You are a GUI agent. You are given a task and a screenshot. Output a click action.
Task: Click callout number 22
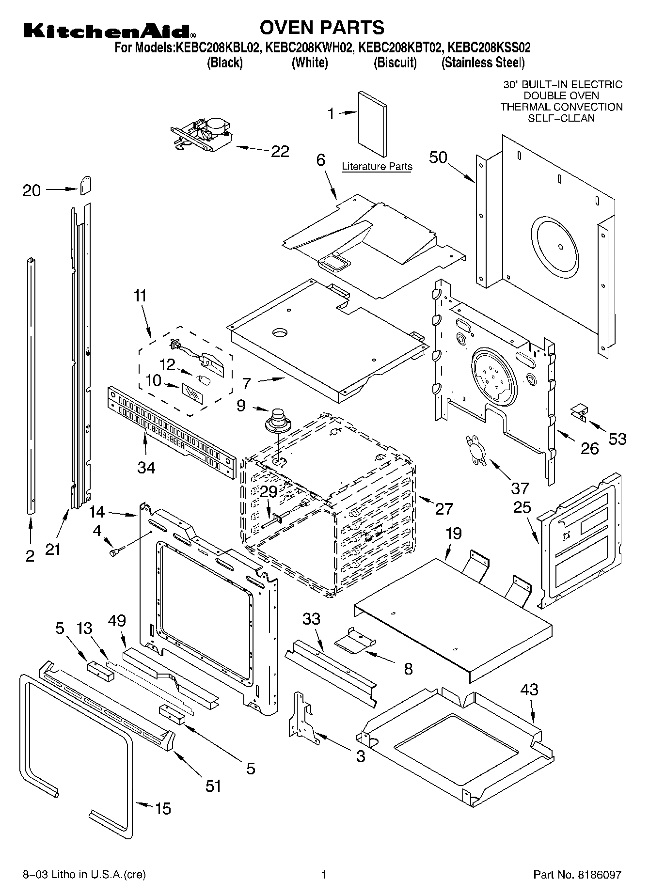click(280, 151)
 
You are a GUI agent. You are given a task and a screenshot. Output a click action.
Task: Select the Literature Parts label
click(377, 167)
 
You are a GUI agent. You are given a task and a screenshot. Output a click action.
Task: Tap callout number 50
click(438, 157)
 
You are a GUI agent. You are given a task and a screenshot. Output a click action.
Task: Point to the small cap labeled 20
click(86, 185)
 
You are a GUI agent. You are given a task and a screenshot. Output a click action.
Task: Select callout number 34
click(146, 467)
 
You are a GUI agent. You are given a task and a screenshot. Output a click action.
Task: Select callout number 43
click(529, 689)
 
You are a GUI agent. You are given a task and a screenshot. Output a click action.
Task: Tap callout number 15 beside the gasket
click(163, 808)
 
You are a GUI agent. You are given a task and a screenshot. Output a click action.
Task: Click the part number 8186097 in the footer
click(599, 875)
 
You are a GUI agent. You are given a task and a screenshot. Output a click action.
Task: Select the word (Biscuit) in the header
click(395, 63)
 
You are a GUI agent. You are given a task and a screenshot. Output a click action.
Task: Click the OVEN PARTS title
click(322, 28)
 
